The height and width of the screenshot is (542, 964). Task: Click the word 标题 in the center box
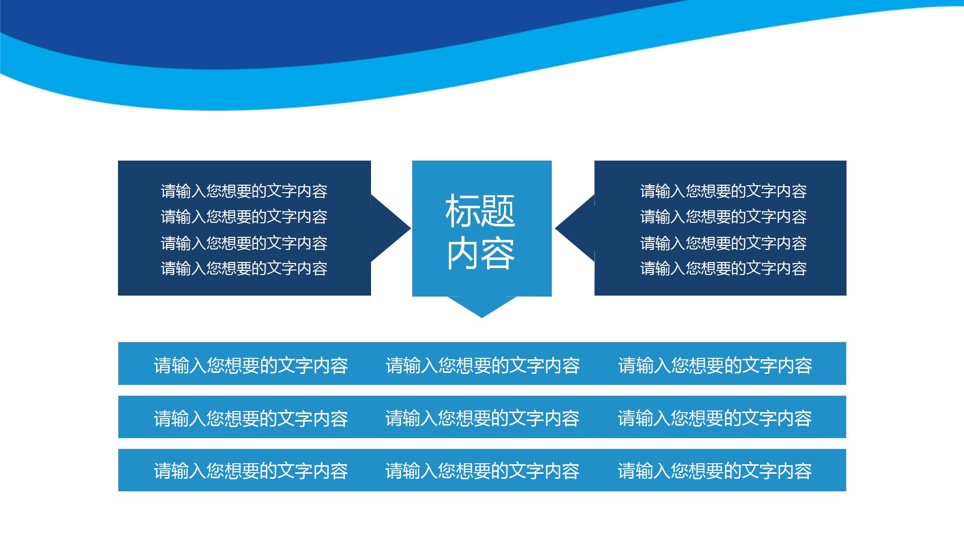click(x=480, y=211)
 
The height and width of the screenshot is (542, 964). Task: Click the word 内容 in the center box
click(x=480, y=254)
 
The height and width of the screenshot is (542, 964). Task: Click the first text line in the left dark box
click(x=244, y=191)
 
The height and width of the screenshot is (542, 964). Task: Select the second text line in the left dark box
click(x=244, y=217)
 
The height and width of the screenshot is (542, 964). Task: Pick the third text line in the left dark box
click(x=244, y=243)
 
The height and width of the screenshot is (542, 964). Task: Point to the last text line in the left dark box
click(x=244, y=268)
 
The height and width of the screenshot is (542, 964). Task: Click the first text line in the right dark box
click(x=724, y=191)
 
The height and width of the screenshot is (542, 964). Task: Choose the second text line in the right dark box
click(x=724, y=217)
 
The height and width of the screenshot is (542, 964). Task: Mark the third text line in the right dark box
click(x=724, y=243)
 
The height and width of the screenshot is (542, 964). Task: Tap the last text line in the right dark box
click(x=724, y=268)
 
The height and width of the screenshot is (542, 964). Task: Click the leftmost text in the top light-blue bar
click(x=251, y=365)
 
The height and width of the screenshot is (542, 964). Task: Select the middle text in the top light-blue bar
click(x=483, y=365)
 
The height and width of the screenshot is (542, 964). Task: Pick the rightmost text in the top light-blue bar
click(x=715, y=365)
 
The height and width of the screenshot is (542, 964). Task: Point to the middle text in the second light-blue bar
click(x=482, y=418)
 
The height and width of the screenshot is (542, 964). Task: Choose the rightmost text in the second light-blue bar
click(x=714, y=418)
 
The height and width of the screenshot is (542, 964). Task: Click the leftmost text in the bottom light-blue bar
click(x=251, y=471)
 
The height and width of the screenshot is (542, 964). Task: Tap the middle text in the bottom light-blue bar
click(x=482, y=471)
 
